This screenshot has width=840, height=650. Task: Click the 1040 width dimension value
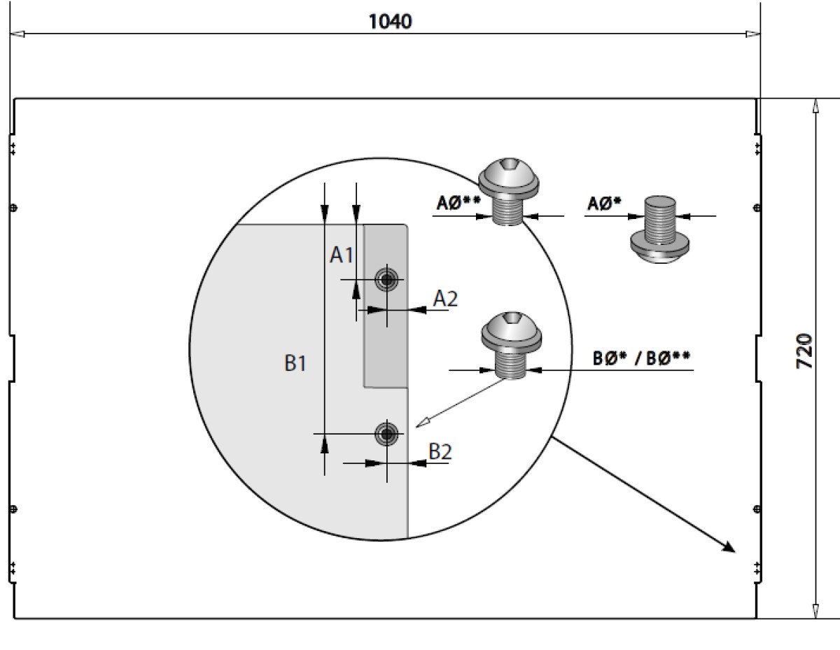[391, 22]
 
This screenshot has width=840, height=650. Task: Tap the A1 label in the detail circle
[342, 255]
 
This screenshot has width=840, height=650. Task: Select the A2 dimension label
[445, 299]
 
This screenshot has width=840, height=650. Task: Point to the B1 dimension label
[295, 364]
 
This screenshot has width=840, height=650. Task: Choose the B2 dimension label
[440, 452]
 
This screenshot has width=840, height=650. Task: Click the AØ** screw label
[458, 203]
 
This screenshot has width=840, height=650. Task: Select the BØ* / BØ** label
[641, 358]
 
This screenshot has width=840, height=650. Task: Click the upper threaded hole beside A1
[386, 280]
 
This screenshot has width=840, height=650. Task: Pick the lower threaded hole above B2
[386, 434]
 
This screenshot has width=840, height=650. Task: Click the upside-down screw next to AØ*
[659, 229]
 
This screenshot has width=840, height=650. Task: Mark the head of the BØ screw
[511, 330]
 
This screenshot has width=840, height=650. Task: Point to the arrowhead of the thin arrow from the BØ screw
[421, 423]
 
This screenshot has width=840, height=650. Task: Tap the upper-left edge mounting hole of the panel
[14, 207]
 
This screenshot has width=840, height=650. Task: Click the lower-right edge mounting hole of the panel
[756, 508]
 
